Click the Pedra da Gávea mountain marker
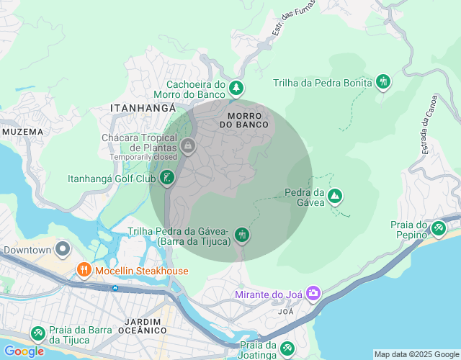(x=334, y=195)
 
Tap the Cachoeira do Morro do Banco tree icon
(x=236, y=89)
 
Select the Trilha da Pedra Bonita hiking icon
(x=382, y=82)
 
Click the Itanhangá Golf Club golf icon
(x=167, y=178)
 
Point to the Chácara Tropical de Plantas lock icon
(x=187, y=146)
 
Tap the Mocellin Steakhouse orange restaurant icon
(x=84, y=271)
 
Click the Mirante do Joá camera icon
(x=313, y=293)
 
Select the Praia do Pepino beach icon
(x=438, y=228)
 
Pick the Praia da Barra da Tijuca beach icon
(x=37, y=333)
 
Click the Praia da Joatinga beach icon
(x=287, y=348)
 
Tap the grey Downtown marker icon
(x=62, y=250)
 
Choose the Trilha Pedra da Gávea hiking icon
(x=242, y=234)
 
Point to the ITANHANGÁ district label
(x=143, y=107)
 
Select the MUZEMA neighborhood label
(x=22, y=132)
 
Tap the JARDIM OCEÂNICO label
(x=136, y=325)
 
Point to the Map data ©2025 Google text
(x=416, y=354)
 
